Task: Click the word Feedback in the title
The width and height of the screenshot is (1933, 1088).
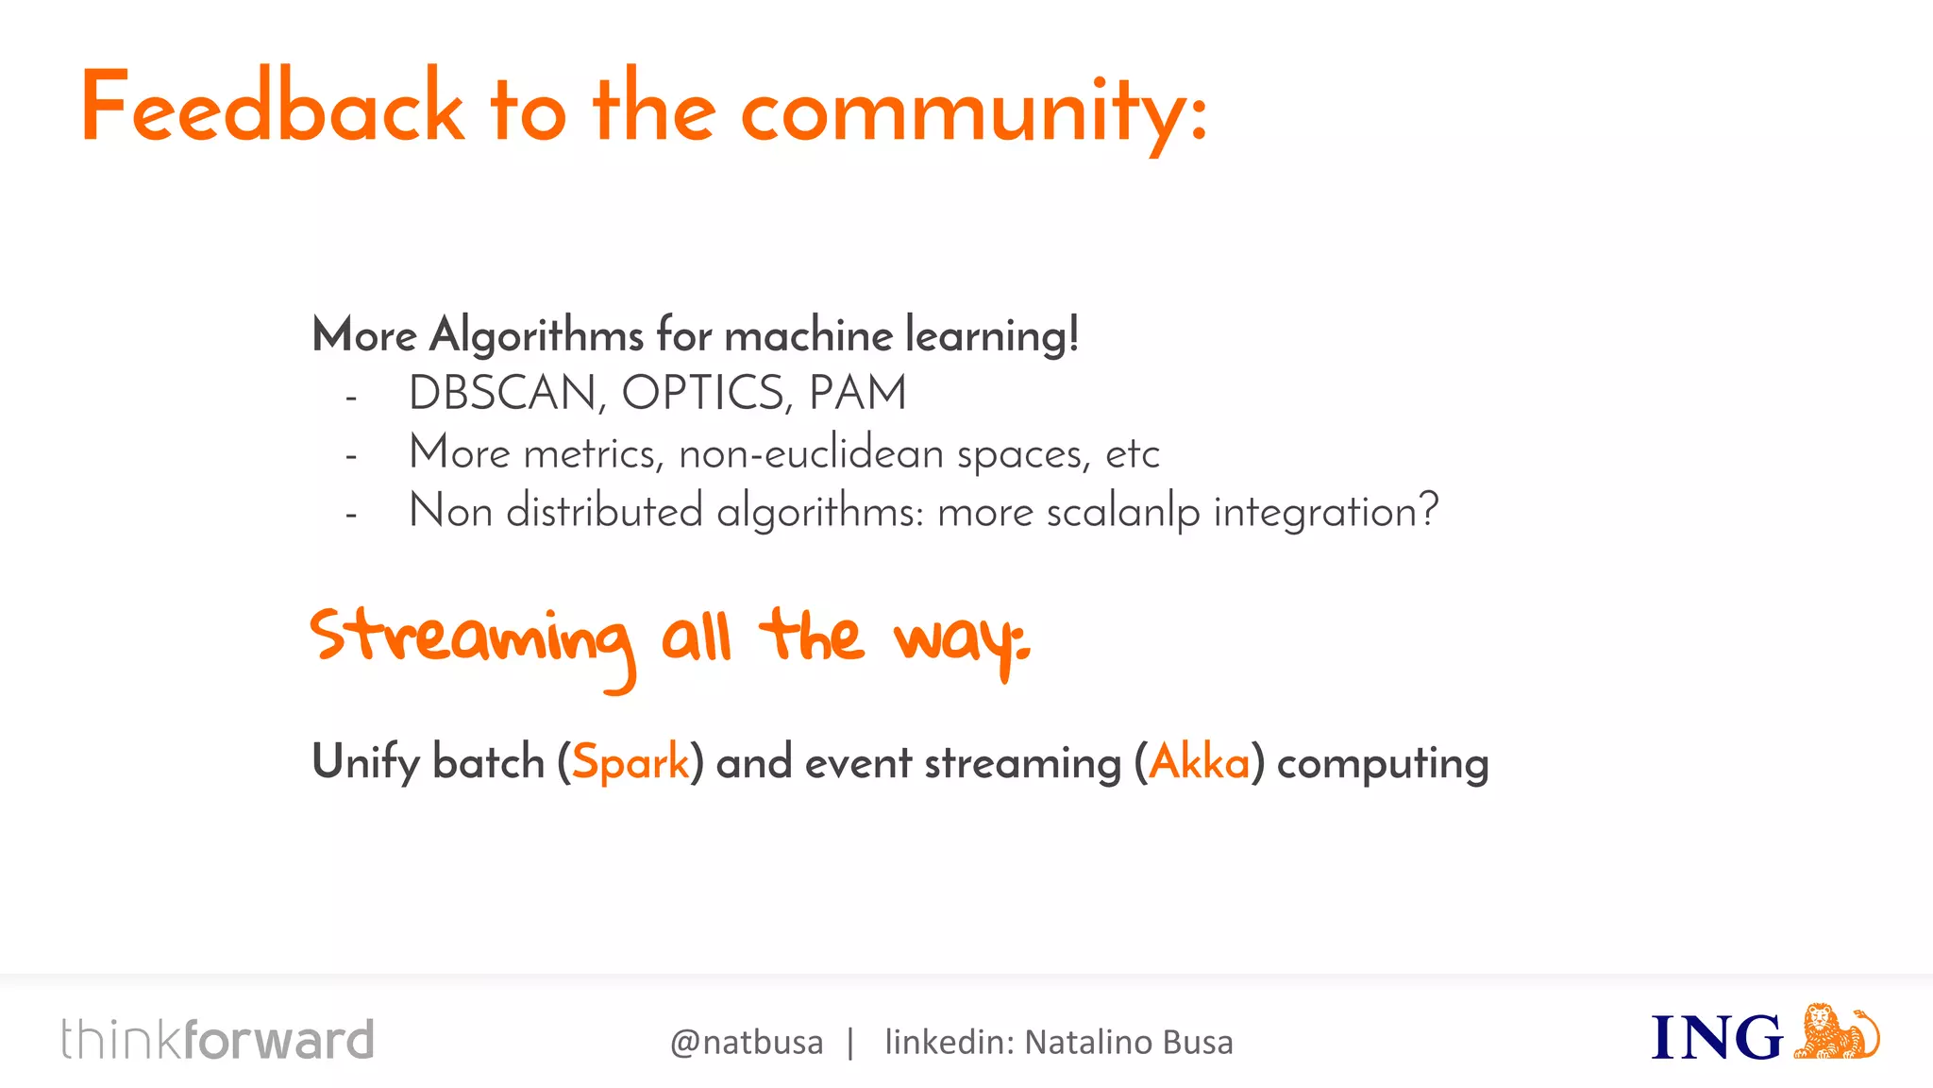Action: tap(273, 109)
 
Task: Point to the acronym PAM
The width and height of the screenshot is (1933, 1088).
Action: tap(858, 393)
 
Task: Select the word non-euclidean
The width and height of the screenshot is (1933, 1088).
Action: tap(811, 454)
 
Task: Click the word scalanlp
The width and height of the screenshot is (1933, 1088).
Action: tap(1122, 513)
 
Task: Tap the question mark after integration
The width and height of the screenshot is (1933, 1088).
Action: tap(1428, 510)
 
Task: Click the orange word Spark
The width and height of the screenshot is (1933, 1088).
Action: tap(630, 762)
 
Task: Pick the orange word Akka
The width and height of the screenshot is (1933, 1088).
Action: tap(1200, 762)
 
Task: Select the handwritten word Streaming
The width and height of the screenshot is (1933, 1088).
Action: tap(472, 640)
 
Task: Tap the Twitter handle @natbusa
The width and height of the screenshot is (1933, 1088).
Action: tap(747, 1043)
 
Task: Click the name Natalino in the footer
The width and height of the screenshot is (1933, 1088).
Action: tap(1088, 1043)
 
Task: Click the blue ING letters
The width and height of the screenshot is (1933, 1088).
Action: tap(1717, 1038)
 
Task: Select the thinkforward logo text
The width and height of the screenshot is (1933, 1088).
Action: tap(218, 1040)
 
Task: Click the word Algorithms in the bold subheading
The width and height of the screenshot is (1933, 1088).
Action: tap(537, 335)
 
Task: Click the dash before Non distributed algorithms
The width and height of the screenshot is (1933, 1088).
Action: tap(351, 516)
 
